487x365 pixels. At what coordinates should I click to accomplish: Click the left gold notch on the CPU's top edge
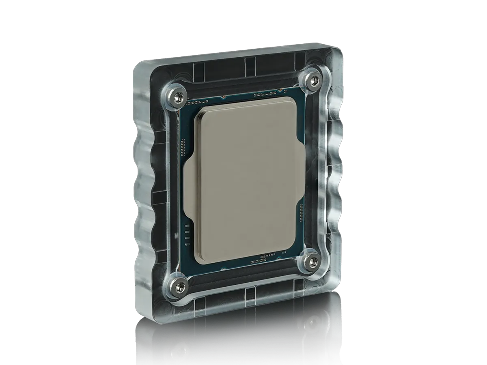(x=224, y=97)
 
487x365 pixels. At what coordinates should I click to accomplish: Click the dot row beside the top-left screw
(x=197, y=102)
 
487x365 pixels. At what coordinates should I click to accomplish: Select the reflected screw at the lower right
(x=312, y=323)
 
